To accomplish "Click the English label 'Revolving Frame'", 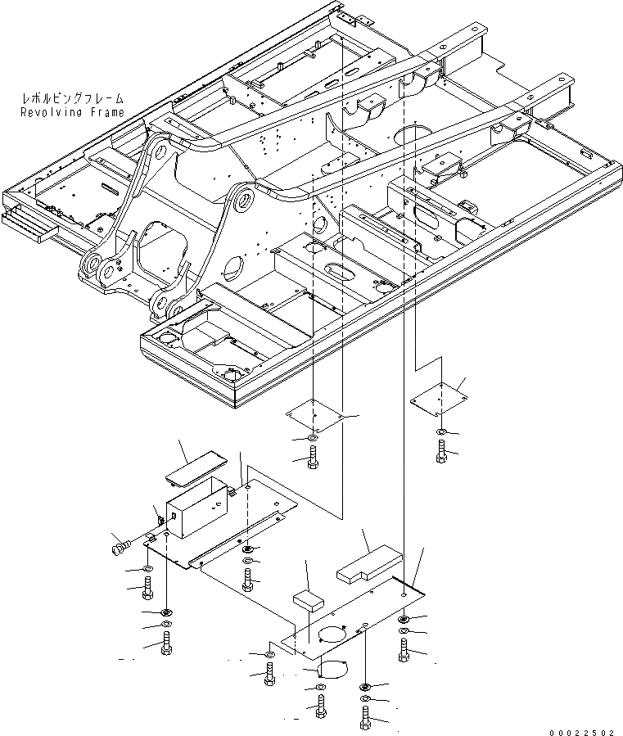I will click(x=73, y=112).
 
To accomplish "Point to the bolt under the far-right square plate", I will click(x=442, y=449).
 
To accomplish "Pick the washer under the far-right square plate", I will click(x=442, y=431).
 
